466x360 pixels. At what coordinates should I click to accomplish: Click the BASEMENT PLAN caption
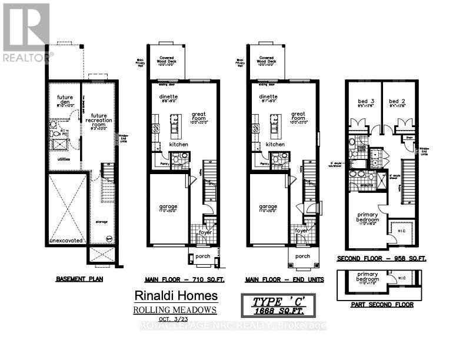(78, 279)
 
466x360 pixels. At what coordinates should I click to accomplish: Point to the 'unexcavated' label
(66, 241)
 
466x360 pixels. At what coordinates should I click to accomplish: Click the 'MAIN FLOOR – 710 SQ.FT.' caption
(179, 279)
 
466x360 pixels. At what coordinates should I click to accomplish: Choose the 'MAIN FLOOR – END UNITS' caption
(280, 279)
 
